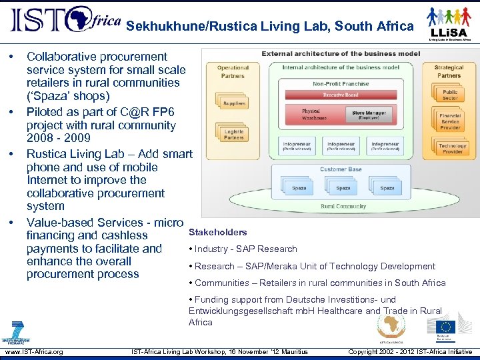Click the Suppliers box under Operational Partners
tap(233, 103)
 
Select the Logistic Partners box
tap(233, 134)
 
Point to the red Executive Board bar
tap(341, 95)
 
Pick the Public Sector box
tap(450, 95)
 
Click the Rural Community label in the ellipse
tap(343, 206)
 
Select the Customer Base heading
tap(341, 169)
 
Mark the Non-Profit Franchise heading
tap(341, 85)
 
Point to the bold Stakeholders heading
tap(218, 232)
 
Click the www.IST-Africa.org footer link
tap(34, 351)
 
